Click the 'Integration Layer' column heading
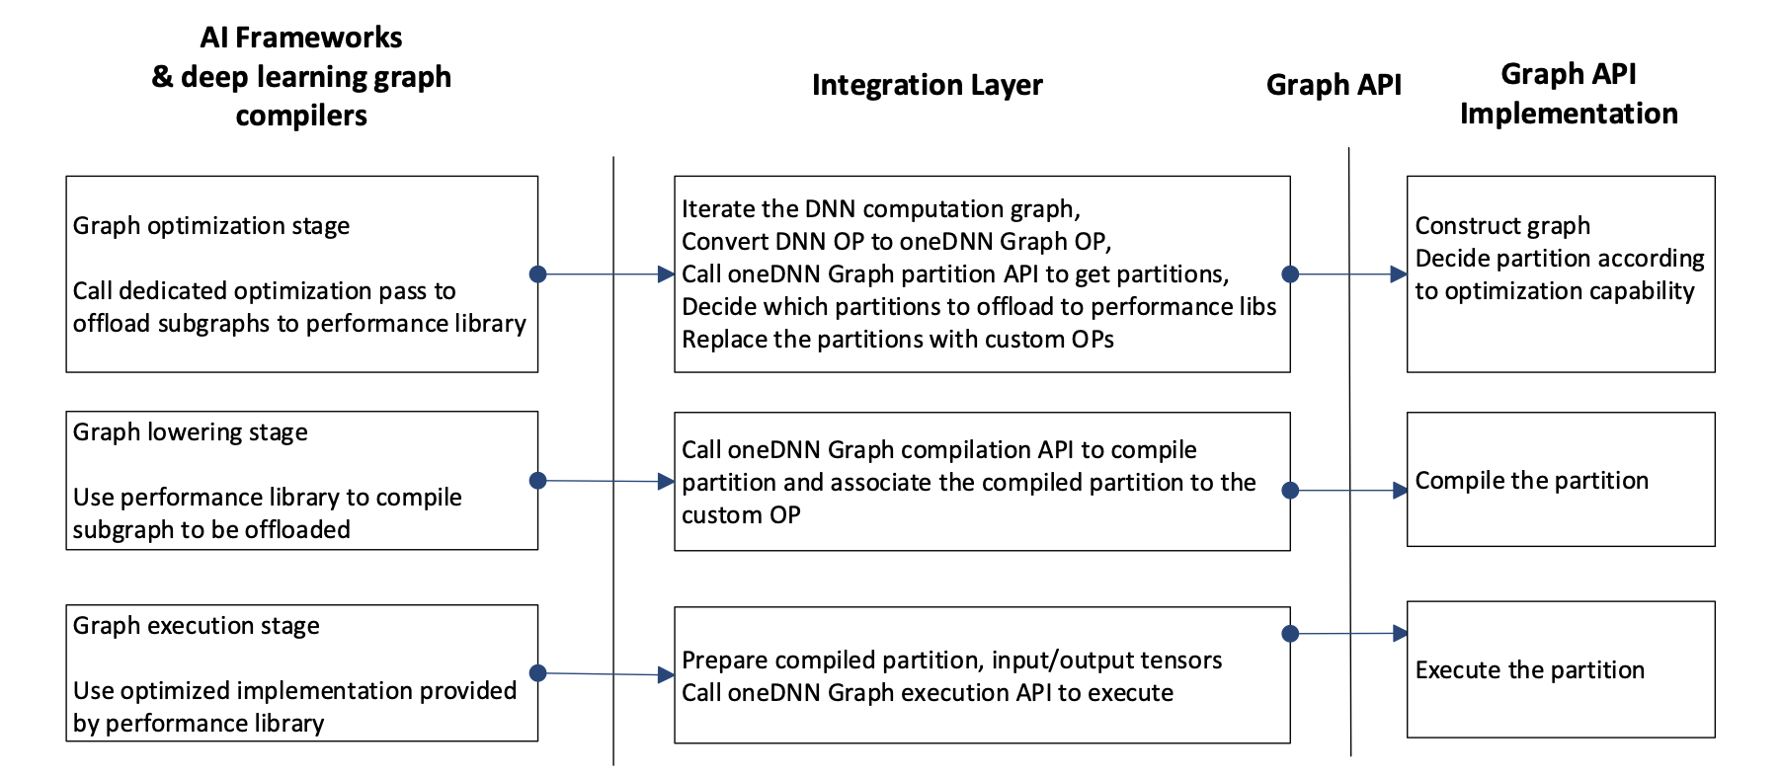tap(927, 86)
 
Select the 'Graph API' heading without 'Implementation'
tap(1333, 86)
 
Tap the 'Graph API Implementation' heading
tap(1568, 94)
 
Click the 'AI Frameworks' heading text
tap(301, 39)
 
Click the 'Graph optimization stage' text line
tap(211, 226)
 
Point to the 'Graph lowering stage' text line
tap(191, 432)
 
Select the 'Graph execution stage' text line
tap(197, 626)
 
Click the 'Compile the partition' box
tap(1560, 481)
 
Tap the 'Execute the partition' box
tap(1560, 670)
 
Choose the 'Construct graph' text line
tap(1502, 226)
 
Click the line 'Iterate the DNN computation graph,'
tap(881, 209)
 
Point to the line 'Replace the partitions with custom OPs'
tap(898, 340)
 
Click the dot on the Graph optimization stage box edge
tap(537, 274)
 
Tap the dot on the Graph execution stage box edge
tap(537, 673)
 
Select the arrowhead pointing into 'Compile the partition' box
tap(1400, 491)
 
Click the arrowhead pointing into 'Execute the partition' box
tap(1400, 634)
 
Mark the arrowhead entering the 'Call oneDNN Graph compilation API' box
tap(667, 482)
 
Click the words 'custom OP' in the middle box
tap(741, 515)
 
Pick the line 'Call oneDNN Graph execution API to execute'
tap(928, 693)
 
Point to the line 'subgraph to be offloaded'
tap(211, 530)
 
